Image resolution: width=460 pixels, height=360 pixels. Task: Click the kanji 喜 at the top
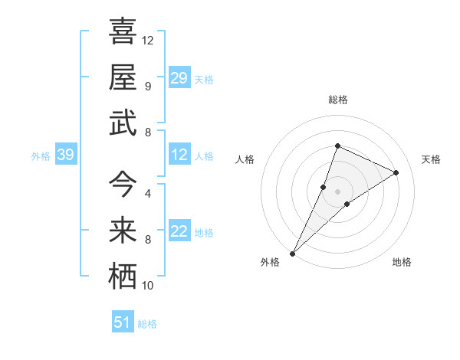pos(123,31)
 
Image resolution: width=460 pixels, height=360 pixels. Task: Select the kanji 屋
pos(123,77)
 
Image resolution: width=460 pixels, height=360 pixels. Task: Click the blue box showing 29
pos(179,78)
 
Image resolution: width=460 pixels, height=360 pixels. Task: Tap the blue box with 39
pos(66,155)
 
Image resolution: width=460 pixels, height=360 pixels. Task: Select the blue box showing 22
pos(179,231)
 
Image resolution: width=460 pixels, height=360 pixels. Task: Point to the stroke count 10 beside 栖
pos(149,286)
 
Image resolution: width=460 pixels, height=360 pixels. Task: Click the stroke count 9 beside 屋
pos(148,86)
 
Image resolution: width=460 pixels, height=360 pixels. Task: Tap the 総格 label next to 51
pos(147,324)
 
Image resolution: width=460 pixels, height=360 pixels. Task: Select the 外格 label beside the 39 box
pos(41,156)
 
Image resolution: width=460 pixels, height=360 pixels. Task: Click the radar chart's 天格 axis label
pos(431,159)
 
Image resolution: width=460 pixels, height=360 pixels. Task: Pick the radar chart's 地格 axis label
pos(402,262)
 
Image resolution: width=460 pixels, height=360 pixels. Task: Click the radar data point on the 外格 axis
pos(292,253)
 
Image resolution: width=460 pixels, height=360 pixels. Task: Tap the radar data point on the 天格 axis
pos(396,172)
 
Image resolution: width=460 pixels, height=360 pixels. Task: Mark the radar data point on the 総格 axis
pos(337,146)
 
